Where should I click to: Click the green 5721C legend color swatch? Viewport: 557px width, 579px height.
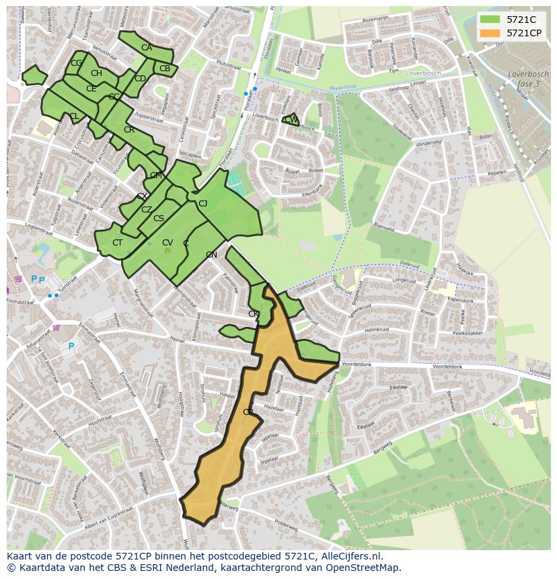pos(490,20)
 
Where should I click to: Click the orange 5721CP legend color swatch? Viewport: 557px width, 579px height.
pos(490,33)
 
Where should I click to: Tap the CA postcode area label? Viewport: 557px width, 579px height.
pos(147,48)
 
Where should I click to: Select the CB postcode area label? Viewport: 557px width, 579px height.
pos(165,69)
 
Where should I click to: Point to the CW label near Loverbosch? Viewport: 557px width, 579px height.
pos(291,120)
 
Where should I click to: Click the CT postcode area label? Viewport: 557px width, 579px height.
pos(118,243)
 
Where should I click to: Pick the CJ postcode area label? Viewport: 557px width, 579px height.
pos(202,204)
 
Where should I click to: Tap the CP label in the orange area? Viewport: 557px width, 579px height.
pos(248,412)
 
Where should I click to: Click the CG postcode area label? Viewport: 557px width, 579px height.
pos(76,63)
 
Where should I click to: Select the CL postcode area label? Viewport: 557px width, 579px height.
pos(74,116)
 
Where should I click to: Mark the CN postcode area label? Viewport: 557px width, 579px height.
pos(211,255)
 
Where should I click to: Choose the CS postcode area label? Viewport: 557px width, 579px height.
pos(159,219)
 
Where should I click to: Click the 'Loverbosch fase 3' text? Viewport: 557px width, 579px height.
pos(524,79)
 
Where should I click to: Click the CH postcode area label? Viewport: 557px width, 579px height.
pos(96,73)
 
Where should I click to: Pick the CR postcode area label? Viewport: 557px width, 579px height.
pos(129,130)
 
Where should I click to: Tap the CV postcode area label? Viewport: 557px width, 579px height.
pos(168,243)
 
